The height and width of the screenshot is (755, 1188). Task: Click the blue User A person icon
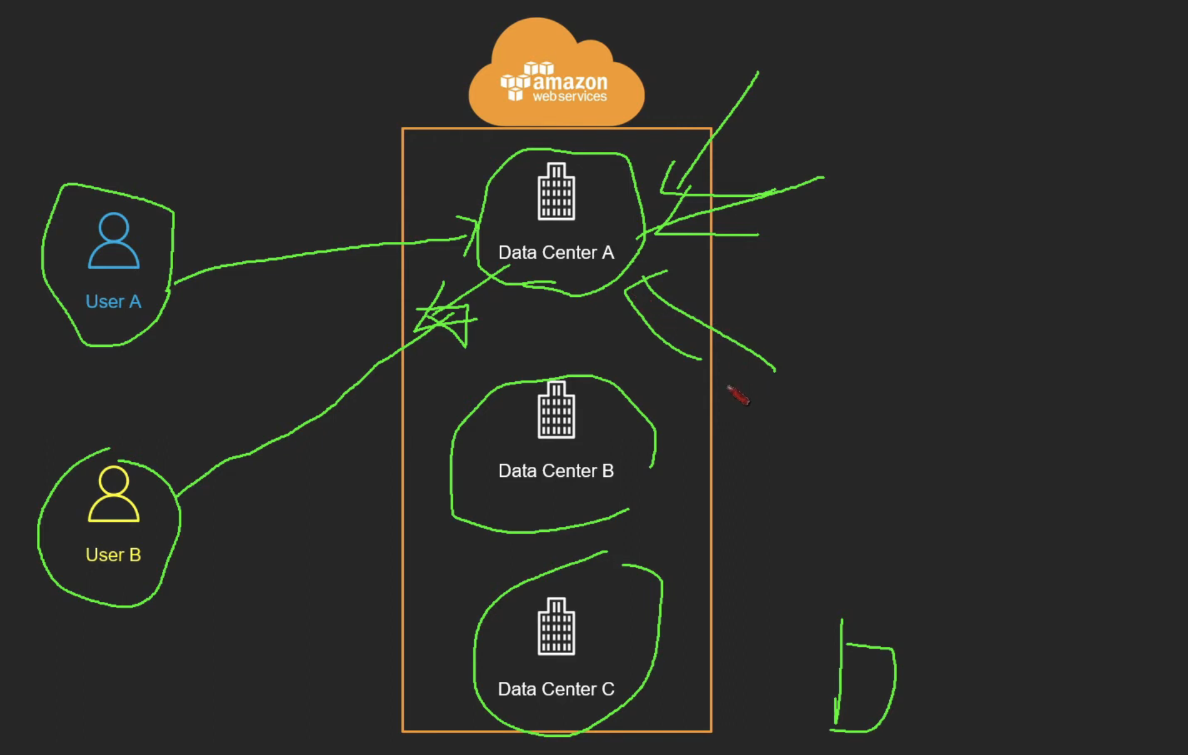[x=114, y=241]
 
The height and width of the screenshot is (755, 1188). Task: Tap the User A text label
[x=113, y=302]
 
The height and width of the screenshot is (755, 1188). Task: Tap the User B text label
[x=113, y=555]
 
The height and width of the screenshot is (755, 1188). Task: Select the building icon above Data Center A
[x=556, y=191]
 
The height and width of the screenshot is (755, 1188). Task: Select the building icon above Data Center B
[x=556, y=410]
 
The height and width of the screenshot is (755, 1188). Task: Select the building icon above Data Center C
[x=556, y=626]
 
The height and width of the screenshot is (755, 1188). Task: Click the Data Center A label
[x=556, y=252]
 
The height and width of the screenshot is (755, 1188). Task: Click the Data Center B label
[x=556, y=471]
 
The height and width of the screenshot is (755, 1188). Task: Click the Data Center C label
[x=556, y=689]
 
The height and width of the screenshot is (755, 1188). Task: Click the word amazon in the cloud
[x=570, y=82]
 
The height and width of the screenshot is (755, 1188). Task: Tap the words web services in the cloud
[x=570, y=97]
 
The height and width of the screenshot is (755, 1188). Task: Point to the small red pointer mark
[x=738, y=396]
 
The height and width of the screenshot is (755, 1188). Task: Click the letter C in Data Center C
[x=608, y=689]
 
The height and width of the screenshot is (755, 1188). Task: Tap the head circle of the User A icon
[x=114, y=227]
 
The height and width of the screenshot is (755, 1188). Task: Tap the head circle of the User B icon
[x=114, y=481]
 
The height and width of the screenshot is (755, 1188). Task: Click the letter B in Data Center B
[x=608, y=471]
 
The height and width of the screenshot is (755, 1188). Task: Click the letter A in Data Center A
[x=608, y=252]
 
